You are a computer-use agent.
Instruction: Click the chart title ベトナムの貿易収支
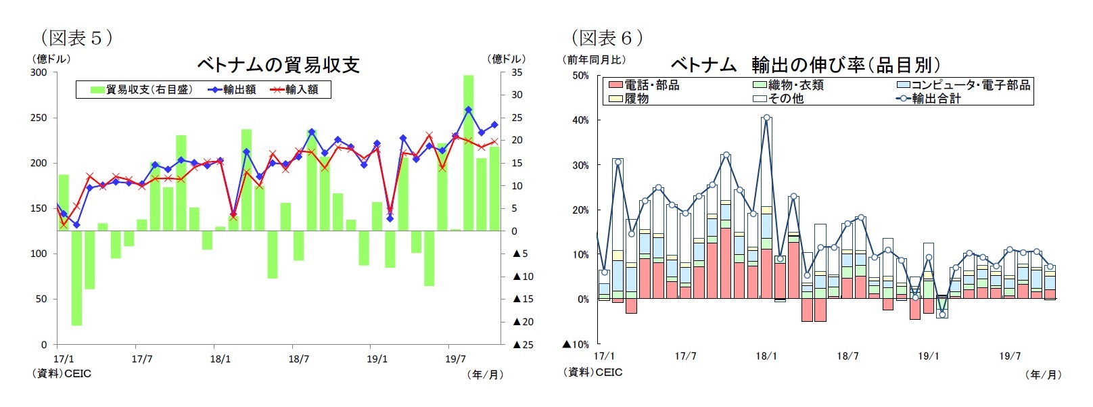coord(278,65)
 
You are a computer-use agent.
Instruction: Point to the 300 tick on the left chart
coord(39,72)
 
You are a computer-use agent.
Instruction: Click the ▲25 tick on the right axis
coord(523,345)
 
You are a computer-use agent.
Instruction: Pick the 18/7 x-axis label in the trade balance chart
coord(298,359)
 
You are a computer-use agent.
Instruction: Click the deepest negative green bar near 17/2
coord(76,277)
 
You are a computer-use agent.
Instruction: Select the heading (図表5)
coord(76,38)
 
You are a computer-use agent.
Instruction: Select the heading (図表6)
coord(607,38)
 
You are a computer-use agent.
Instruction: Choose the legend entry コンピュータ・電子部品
coord(964,85)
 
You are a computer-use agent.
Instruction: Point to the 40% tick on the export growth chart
coord(580,120)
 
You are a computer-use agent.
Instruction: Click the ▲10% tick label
coord(576,344)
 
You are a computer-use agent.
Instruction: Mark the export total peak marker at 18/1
coord(766,118)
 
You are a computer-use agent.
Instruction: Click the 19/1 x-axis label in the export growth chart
coord(928,356)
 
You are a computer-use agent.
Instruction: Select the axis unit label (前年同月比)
coord(595,59)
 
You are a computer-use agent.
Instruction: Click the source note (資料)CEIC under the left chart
coord(62,373)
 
